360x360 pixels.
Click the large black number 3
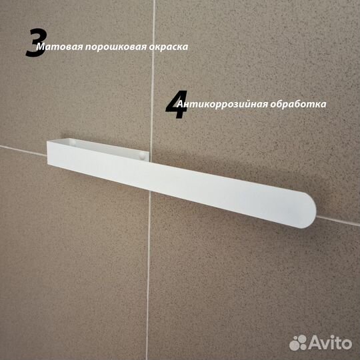[x=35, y=43]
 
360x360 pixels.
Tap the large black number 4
[x=177, y=105]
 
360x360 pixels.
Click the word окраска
[x=170, y=48]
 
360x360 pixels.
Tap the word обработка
[x=301, y=105]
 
